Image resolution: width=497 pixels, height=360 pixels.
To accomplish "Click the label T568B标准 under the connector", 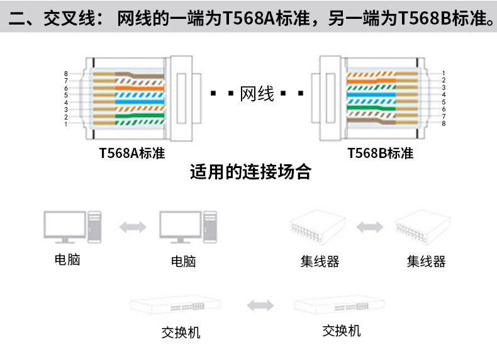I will coord(380,153).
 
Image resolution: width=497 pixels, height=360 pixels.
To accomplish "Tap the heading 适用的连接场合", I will coord(250,172).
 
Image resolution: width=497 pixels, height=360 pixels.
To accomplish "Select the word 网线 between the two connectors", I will coord(257,95).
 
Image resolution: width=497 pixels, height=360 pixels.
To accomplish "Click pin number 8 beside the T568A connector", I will coord(65,74).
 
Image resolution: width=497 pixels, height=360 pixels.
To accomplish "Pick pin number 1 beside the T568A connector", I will coord(65,124).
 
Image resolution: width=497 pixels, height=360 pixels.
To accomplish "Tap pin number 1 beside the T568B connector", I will coord(444,74).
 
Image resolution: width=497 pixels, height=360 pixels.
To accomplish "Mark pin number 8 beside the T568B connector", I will coord(444,123).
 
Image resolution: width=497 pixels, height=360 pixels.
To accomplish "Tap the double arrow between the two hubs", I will coord(370,225).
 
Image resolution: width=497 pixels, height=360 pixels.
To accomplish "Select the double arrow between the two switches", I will coord(260,306).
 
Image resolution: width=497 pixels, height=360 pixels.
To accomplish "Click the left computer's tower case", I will coord(94,226).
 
